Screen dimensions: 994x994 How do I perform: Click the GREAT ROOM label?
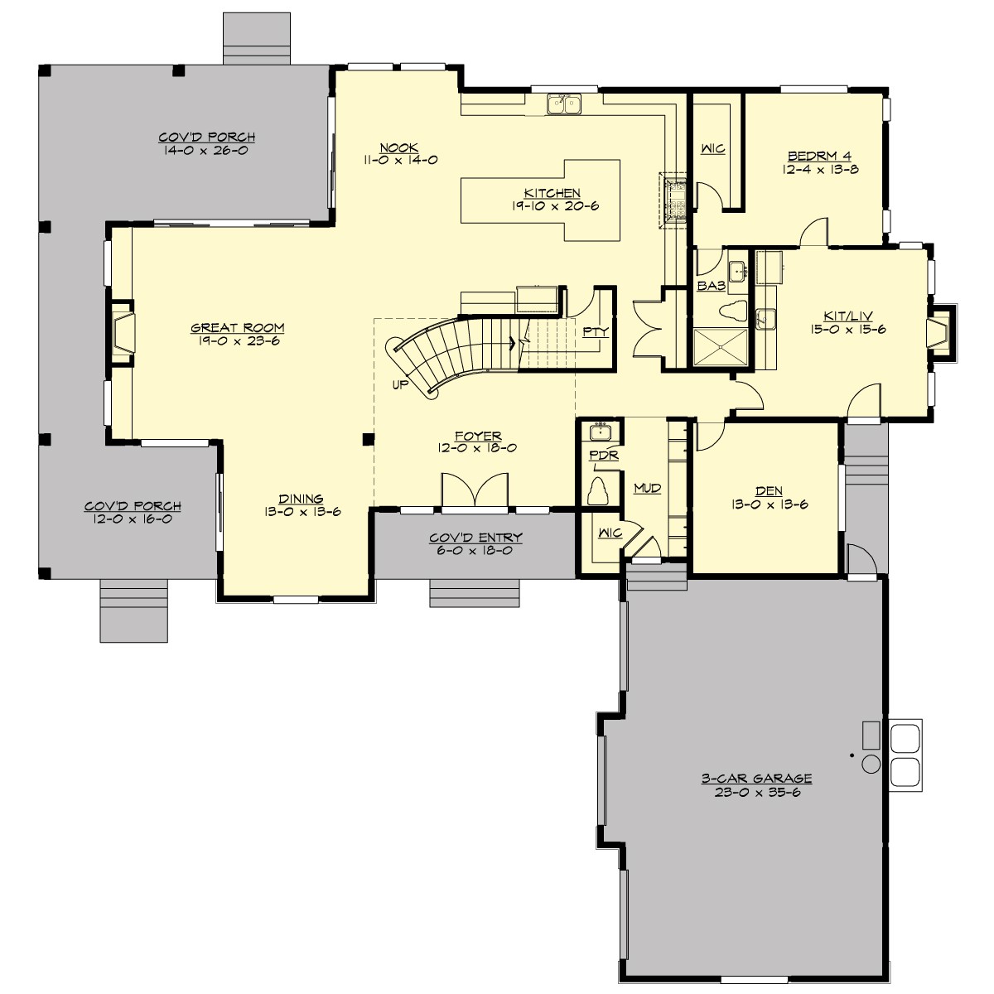(238, 328)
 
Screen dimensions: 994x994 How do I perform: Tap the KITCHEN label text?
(552, 193)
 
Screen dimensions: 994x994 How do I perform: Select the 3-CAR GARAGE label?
(756, 779)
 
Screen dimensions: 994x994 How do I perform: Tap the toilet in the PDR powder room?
(598, 490)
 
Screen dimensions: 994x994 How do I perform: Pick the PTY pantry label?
(595, 331)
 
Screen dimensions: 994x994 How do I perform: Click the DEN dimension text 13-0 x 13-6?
(769, 504)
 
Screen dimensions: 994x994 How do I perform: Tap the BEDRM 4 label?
(819, 156)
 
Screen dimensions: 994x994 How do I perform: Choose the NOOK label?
(399, 147)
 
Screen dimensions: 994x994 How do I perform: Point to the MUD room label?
(647, 489)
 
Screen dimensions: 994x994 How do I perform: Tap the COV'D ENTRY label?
(475, 538)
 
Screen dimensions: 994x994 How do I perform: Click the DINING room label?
(301, 499)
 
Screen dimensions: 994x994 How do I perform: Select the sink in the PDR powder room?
(599, 432)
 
